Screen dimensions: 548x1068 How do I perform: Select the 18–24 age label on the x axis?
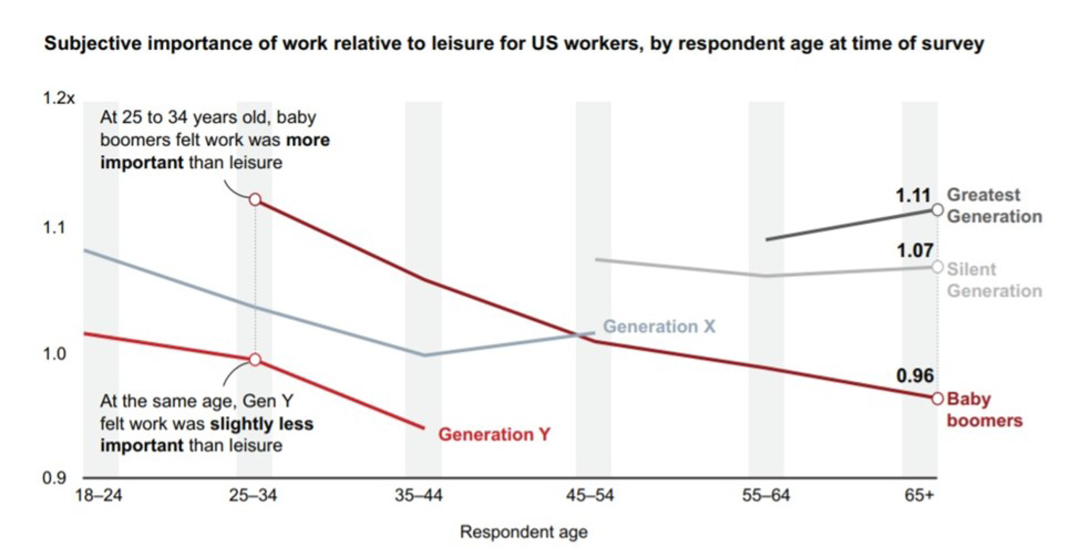[99, 495]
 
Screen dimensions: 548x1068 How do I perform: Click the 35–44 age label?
[419, 495]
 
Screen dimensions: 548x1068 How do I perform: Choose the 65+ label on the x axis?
[919, 495]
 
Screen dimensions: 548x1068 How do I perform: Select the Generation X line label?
[659, 327]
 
